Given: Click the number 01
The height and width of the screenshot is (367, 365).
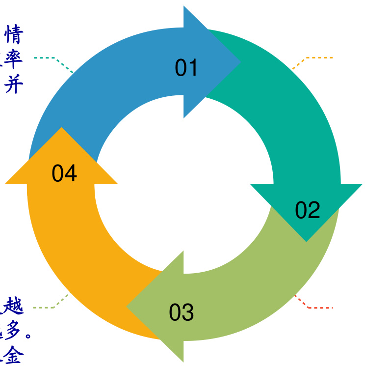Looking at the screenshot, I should click(186, 68).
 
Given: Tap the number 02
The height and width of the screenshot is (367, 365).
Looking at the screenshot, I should click(308, 210).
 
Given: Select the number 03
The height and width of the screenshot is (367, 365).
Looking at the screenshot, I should click(182, 313).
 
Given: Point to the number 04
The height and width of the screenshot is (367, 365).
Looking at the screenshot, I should click(65, 174).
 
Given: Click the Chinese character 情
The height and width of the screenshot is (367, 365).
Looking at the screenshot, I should click(13, 36).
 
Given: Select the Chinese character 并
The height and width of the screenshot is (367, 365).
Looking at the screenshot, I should click(13, 86).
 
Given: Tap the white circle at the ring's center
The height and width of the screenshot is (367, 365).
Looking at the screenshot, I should click(184, 184).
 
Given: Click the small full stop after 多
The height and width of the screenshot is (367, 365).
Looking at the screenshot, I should click(28, 337).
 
